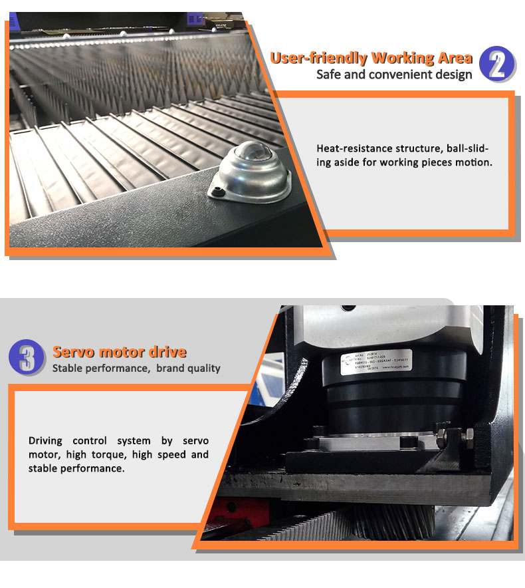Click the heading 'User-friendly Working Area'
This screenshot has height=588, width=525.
click(371, 57)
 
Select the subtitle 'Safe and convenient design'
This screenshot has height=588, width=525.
click(394, 74)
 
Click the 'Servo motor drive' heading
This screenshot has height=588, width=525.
click(120, 352)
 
